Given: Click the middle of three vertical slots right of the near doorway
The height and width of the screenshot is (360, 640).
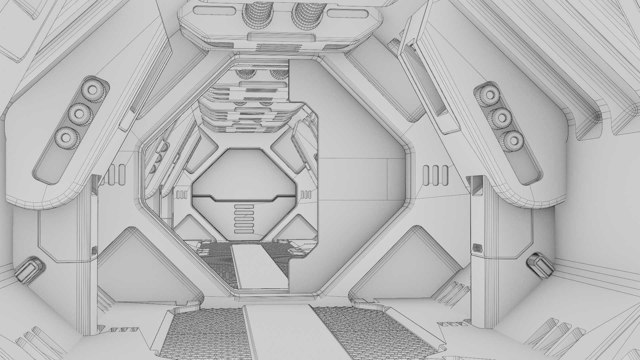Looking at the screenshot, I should point(435,175).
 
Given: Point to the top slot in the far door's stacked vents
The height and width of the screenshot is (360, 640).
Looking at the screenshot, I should point(244,207).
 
